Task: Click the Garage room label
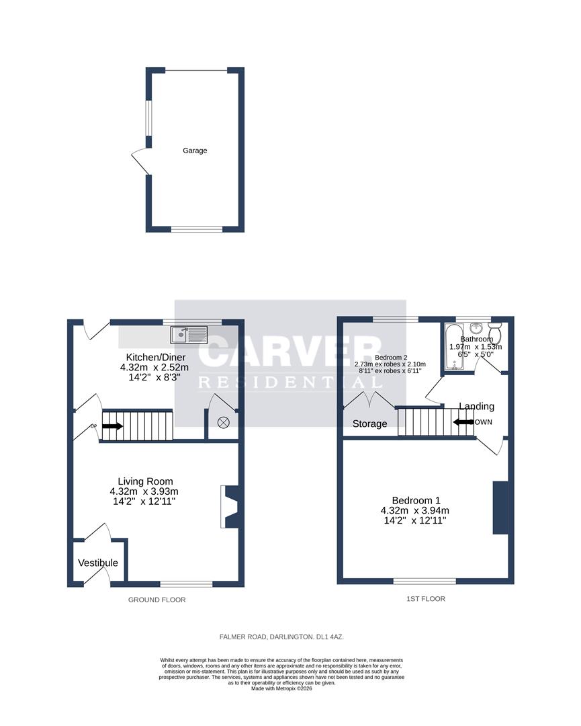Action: (195, 151)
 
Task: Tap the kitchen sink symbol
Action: (190, 334)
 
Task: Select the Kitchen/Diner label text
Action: (155, 357)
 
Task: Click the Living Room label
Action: (145, 481)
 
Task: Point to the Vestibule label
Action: (98, 563)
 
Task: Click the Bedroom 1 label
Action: (416, 500)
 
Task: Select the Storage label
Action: (369, 424)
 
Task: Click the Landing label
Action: (476, 406)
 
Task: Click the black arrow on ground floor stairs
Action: (111, 426)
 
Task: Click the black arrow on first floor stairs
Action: (463, 422)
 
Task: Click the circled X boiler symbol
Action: (224, 422)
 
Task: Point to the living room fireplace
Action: (228, 507)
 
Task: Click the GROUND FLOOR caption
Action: (157, 600)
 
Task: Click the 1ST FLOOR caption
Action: (426, 598)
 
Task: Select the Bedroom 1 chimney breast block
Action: (500, 508)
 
